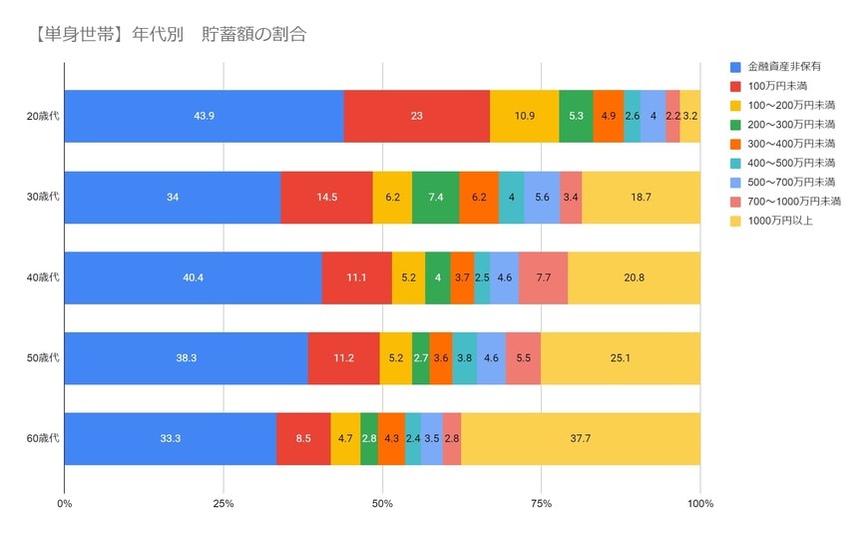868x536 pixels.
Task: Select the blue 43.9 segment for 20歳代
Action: [x=205, y=116]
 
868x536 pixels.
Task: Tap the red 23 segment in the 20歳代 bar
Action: [x=416, y=116]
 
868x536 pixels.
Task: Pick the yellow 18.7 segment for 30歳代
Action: [x=641, y=197]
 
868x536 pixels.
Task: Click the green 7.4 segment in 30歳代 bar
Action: [x=436, y=197]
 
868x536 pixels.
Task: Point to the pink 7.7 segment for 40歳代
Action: [x=544, y=277]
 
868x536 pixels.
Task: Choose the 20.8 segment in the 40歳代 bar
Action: [x=634, y=277]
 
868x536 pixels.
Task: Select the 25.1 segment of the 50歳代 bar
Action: [x=621, y=358]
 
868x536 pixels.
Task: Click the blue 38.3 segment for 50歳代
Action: [x=187, y=358]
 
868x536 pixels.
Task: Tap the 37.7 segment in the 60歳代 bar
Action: [x=581, y=438]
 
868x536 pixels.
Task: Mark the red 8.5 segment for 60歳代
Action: [x=303, y=438]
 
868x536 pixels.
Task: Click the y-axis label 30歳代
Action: [x=44, y=197]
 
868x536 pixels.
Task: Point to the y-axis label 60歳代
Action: [x=44, y=438]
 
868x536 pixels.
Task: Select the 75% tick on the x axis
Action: [x=541, y=504]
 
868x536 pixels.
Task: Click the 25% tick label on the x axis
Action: [x=223, y=504]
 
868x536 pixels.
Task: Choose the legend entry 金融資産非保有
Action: [x=783, y=66]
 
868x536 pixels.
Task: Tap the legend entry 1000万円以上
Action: [x=780, y=221]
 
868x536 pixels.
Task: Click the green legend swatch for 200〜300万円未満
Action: [x=735, y=124]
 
